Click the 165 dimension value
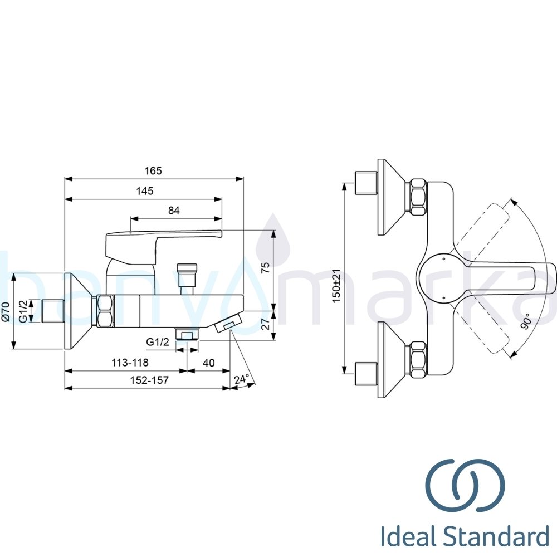(x=153, y=171)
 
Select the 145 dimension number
(x=145, y=191)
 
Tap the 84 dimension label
(x=174, y=211)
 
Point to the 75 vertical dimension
(x=266, y=267)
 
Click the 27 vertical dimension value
(x=266, y=324)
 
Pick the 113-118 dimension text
(x=130, y=363)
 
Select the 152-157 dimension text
(x=149, y=380)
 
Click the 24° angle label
(x=242, y=379)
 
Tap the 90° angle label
(x=527, y=321)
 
